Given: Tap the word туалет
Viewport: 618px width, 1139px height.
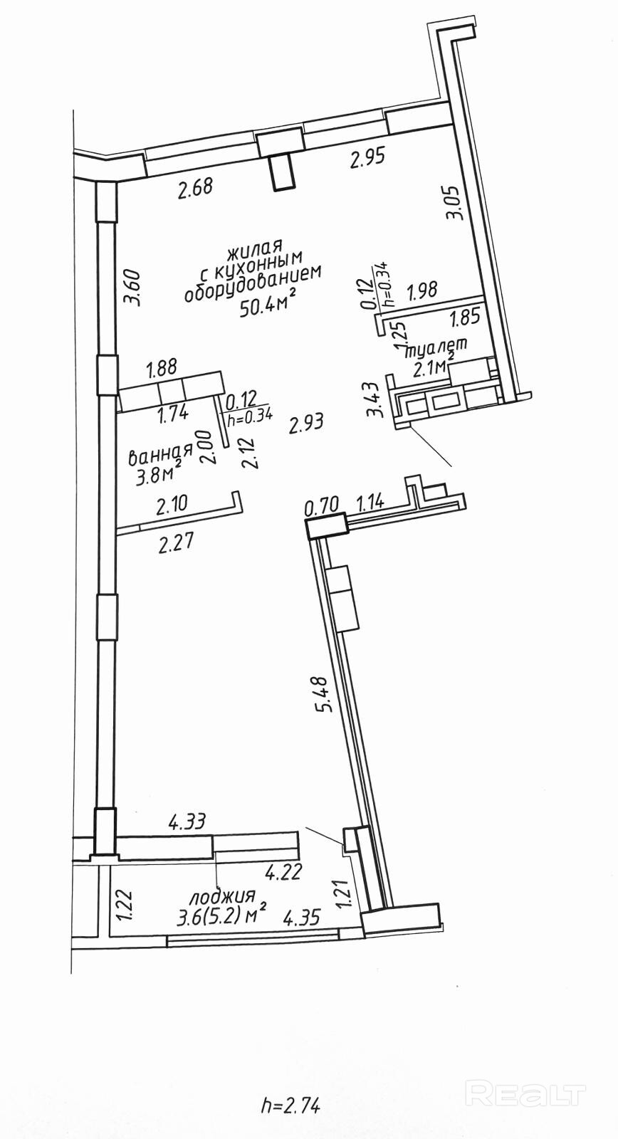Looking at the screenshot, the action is pos(436,348).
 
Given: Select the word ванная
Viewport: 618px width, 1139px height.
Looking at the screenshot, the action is pos(160,453).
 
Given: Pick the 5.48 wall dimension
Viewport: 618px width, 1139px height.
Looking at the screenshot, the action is pos(325,693).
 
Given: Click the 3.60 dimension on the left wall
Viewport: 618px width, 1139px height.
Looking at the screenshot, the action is pos(132,287).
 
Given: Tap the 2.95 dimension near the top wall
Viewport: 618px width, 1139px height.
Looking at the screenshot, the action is pos(367,158).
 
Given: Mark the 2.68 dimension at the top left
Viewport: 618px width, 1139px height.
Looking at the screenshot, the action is pos(196,189).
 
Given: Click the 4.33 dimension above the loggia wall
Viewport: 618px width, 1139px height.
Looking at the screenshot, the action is pos(187,822).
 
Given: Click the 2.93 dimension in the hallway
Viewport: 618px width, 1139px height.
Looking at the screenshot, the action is pos(306,424).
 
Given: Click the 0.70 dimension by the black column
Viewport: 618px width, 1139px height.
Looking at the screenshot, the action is pos(320,507).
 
